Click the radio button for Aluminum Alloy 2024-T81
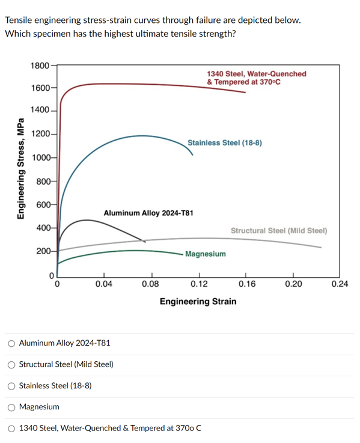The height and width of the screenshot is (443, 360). point(11,343)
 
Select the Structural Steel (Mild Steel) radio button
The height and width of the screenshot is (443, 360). point(11,364)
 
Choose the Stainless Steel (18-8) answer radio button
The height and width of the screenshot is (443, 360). point(11,385)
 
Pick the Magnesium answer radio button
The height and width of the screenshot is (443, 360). point(11,407)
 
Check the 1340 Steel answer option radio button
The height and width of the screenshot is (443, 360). point(11,428)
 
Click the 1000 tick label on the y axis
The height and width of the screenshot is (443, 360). point(40,157)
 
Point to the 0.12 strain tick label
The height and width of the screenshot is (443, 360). point(199,283)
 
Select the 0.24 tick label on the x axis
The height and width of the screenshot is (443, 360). point(340,283)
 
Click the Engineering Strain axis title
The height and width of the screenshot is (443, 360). point(198,301)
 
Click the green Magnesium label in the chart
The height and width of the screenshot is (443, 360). point(206,254)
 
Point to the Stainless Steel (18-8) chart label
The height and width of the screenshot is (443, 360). point(224,143)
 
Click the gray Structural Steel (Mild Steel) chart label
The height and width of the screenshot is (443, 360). point(278,230)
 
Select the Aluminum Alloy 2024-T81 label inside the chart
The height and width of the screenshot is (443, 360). point(148,213)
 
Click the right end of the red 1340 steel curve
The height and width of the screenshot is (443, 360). point(245,92)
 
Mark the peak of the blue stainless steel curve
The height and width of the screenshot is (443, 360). point(142,135)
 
